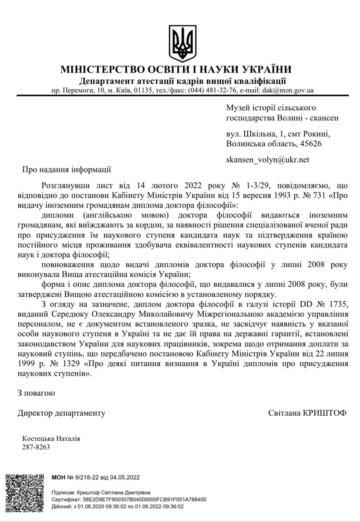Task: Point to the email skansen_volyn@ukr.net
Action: tap(267, 160)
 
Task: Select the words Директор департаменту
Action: tap(61, 413)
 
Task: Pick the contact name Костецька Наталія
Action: tap(51, 438)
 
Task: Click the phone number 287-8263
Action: tap(36, 447)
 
